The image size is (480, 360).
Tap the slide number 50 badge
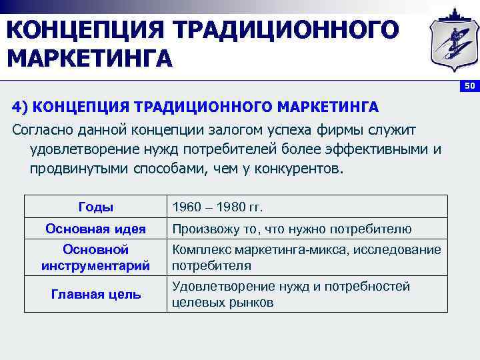click(470, 86)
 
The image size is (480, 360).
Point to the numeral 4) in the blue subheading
click(19, 107)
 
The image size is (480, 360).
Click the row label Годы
click(95, 207)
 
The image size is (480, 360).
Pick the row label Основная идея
click(95, 229)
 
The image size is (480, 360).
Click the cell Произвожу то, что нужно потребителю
click(292, 229)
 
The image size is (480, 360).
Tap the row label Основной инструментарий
click(95, 257)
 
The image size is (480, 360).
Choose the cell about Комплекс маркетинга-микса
click(306, 257)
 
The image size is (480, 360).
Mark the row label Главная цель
click(95, 294)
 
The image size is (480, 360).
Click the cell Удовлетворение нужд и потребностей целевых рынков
click(291, 294)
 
